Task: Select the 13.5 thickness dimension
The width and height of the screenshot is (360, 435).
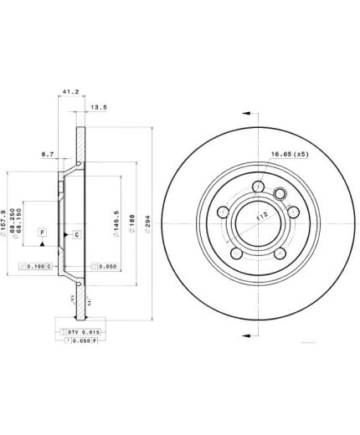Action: (x=98, y=106)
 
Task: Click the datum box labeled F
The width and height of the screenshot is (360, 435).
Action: (x=43, y=230)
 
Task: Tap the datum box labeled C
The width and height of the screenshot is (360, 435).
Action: (x=77, y=234)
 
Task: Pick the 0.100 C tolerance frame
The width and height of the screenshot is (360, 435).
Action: (x=35, y=266)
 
